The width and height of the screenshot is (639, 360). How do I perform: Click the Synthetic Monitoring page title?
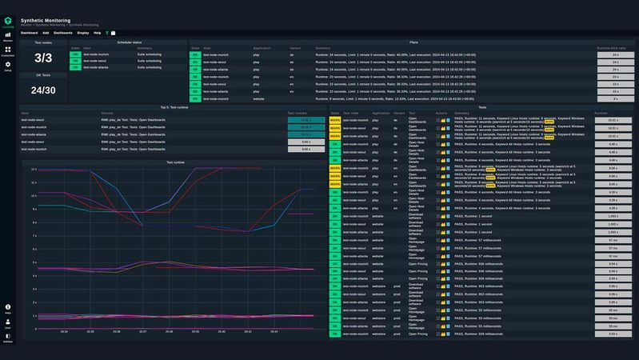[46, 20]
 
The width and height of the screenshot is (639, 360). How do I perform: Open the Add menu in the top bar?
[46, 33]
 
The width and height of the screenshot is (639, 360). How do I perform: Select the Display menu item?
[83, 33]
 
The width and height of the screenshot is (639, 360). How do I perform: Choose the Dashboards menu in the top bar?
[63, 33]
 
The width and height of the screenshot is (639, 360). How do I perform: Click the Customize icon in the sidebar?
[8, 51]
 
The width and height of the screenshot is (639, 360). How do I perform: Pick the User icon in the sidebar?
[8, 322]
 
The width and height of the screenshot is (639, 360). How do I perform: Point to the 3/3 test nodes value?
[42, 58]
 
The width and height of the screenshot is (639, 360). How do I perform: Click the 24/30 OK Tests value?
[42, 90]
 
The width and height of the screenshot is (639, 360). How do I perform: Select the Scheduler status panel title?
[129, 42]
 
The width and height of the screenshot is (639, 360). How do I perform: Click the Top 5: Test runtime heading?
[174, 106]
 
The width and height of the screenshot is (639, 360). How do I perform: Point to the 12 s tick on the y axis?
[34, 170]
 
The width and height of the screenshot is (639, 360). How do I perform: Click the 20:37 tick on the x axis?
[142, 331]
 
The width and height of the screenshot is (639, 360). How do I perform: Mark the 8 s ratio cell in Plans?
[615, 98]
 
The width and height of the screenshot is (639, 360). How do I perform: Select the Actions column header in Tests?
[441, 114]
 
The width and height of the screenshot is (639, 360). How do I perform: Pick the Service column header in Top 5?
[107, 114]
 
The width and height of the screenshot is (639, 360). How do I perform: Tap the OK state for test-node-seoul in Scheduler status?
[75, 62]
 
